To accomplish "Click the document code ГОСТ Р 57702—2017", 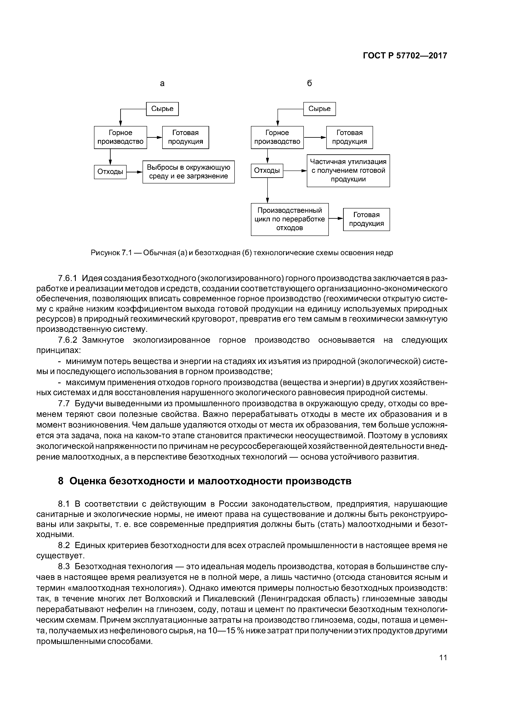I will (x=405, y=56).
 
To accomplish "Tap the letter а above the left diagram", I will (x=162, y=83).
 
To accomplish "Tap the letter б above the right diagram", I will (x=309, y=83).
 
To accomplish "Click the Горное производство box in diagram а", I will (x=120, y=137).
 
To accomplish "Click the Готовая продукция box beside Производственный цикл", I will (x=366, y=219).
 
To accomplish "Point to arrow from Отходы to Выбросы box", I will (x=134, y=172).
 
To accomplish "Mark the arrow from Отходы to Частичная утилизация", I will (x=295, y=171).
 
